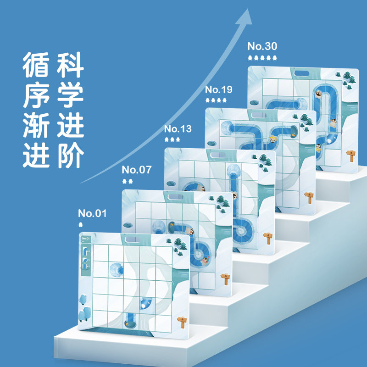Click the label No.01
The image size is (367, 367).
(x=92, y=213)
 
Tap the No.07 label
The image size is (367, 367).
(x=137, y=170)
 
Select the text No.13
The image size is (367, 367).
(x=178, y=128)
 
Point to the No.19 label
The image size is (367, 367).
(x=219, y=89)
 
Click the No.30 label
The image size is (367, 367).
(x=262, y=46)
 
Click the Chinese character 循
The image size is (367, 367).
(x=36, y=65)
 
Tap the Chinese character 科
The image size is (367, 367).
(x=70, y=65)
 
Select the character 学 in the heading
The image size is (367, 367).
(x=70, y=95)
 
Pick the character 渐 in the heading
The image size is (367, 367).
(x=36, y=125)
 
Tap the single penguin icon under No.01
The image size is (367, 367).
(x=81, y=224)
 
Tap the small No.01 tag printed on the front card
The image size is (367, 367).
(x=85, y=239)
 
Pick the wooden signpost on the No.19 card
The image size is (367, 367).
(x=309, y=196)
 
